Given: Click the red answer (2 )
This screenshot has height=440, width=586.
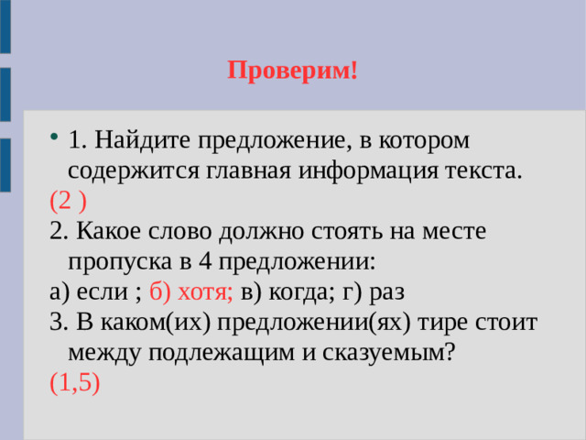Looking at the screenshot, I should point(70,201).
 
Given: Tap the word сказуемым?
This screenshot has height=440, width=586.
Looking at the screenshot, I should point(385,352).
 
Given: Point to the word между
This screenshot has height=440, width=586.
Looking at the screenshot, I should point(102,352).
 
